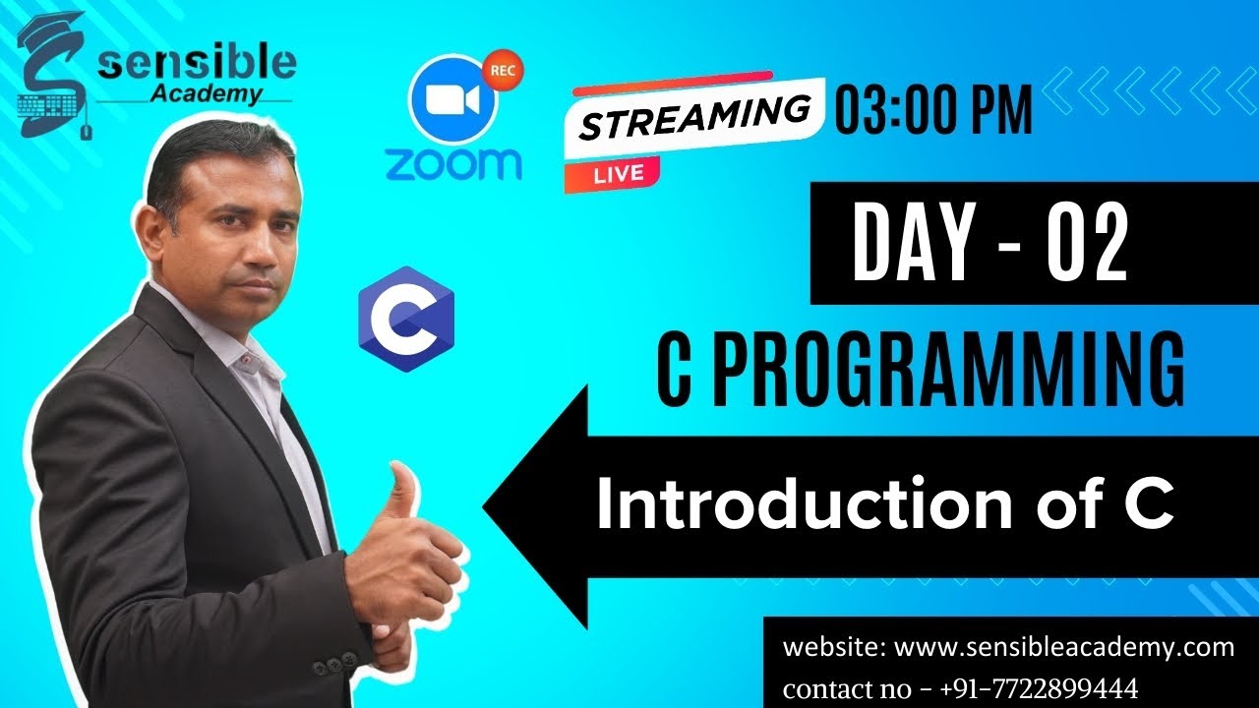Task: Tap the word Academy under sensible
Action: pyautogui.click(x=208, y=94)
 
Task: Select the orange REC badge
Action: pyautogui.click(x=503, y=69)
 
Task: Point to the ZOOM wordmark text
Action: pyautogui.click(x=453, y=163)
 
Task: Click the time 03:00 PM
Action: pyautogui.click(x=933, y=109)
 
